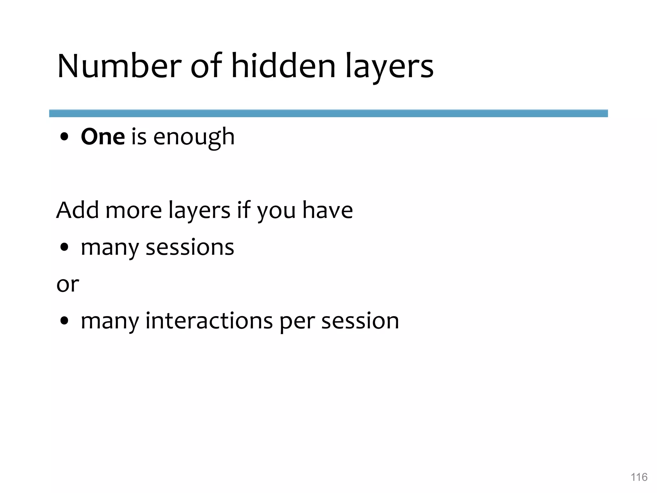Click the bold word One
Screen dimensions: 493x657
(x=103, y=137)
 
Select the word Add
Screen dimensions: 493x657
(x=77, y=210)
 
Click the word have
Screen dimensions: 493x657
(x=328, y=210)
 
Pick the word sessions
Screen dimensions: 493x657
(x=190, y=248)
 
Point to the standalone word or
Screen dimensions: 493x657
(x=67, y=284)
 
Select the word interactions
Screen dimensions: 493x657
(x=209, y=321)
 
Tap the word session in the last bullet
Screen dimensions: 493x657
(x=360, y=321)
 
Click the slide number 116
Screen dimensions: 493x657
(x=639, y=477)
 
